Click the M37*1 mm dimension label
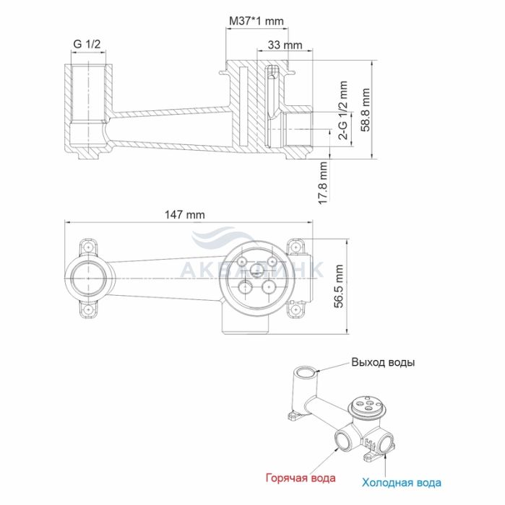click(256, 21)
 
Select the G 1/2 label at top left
click(87, 44)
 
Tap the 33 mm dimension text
click(285, 45)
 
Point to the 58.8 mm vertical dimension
click(366, 110)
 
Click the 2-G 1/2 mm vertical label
click(344, 110)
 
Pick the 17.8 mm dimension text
click(323, 183)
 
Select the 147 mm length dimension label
click(185, 214)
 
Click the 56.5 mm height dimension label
click(339, 286)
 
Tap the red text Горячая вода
click(301, 478)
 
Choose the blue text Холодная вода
click(402, 483)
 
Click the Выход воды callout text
click(383, 362)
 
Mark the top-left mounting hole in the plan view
click(87, 247)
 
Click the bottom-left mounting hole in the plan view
click(87, 309)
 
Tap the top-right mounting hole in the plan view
click(295, 247)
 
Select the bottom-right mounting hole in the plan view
click(295, 309)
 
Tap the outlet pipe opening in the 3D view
click(306, 372)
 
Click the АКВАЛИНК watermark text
click(251, 270)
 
